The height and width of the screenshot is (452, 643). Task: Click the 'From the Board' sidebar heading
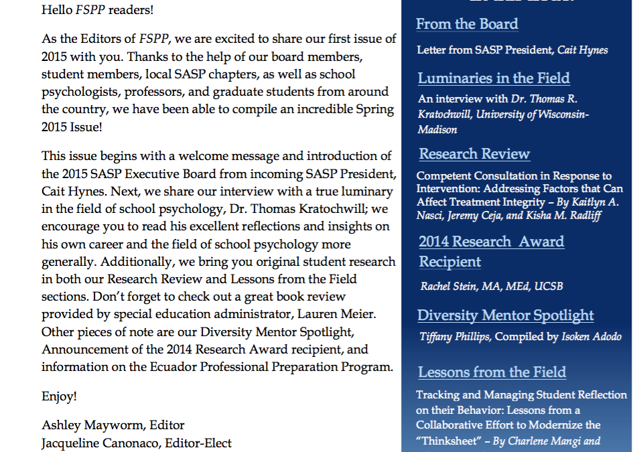(467, 24)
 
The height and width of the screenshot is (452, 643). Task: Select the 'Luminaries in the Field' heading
(494, 78)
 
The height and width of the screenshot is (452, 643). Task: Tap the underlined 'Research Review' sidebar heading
(474, 154)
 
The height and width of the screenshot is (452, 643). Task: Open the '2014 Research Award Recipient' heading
(491, 251)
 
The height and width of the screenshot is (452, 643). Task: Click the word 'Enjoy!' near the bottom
(59, 396)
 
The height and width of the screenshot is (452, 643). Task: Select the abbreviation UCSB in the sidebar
(549, 287)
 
